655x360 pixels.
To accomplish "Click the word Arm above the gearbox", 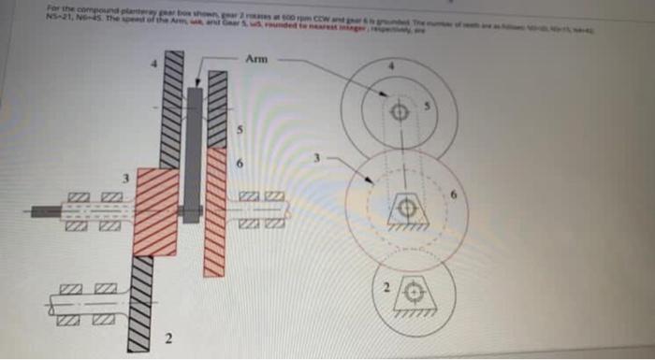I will pyautogui.click(x=256, y=59).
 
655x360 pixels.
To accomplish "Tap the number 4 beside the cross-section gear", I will pyautogui.click(x=157, y=63).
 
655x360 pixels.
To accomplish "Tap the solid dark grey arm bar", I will pyautogui.click(x=194, y=150).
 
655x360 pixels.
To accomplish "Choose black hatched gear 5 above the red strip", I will pyautogui.click(x=217, y=112).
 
